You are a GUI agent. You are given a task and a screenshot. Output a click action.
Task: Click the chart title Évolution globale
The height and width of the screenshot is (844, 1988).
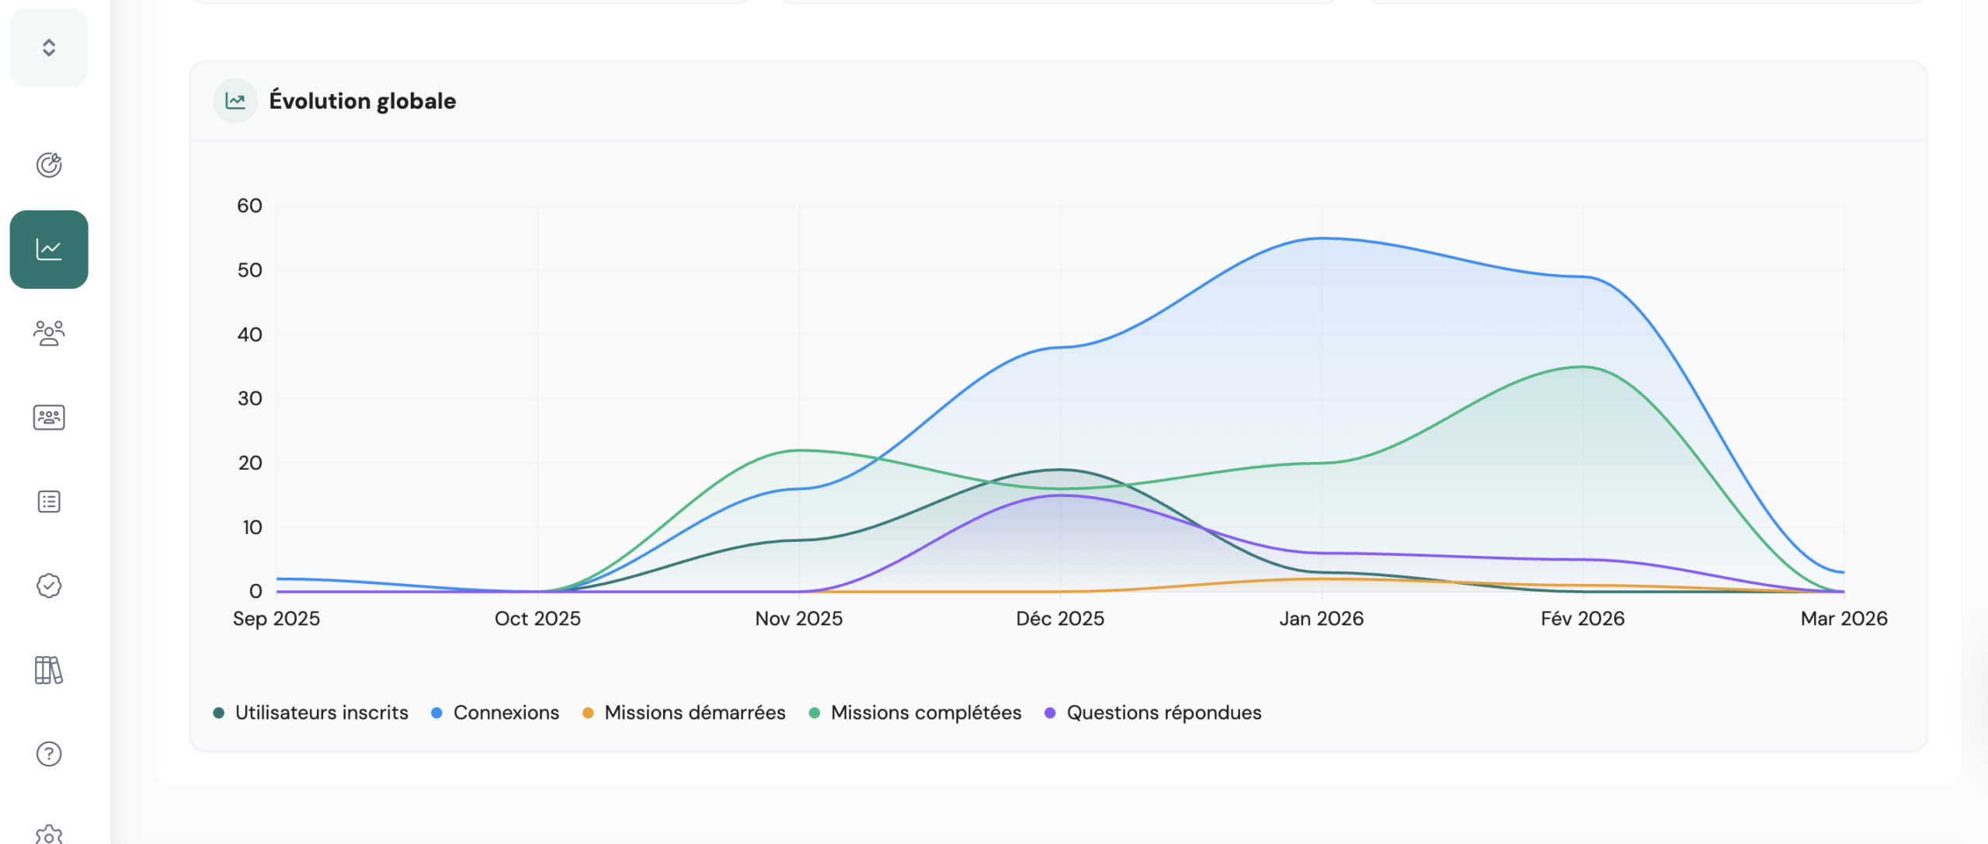click(x=362, y=101)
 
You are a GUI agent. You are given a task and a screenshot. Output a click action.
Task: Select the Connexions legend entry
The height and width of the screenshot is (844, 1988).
click(x=495, y=713)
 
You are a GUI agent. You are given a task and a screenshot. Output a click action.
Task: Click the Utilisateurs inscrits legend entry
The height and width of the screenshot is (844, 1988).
click(x=311, y=713)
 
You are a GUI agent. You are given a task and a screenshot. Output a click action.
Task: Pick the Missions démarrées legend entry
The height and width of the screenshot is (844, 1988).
click(x=684, y=713)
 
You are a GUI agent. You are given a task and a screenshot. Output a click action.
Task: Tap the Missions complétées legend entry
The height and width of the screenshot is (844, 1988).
click(x=916, y=713)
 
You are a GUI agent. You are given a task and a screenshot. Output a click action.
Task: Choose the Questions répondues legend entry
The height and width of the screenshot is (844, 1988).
click(x=1153, y=713)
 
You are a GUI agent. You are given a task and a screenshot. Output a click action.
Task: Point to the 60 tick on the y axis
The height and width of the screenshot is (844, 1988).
click(x=249, y=206)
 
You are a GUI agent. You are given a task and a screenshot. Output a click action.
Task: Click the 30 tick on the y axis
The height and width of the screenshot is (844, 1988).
click(x=249, y=398)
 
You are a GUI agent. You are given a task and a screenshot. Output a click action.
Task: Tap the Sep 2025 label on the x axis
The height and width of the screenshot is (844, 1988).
click(x=276, y=619)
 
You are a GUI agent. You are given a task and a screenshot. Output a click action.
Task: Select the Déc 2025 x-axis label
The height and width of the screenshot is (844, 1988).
click(x=1060, y=619)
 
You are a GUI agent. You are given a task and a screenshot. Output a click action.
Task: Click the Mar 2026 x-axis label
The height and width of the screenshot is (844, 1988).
click(x=1844, y=619)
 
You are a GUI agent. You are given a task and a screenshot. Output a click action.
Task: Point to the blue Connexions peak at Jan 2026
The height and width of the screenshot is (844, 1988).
click(x=1322, y=238)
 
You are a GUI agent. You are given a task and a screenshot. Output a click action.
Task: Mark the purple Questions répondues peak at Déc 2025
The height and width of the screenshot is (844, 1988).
click(x=1061, y=495)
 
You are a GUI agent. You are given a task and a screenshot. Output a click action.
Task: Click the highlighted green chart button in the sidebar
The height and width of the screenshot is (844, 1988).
click(x=49, y=249)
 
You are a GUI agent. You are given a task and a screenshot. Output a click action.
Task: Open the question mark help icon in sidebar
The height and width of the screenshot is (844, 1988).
click(x=49, y=754)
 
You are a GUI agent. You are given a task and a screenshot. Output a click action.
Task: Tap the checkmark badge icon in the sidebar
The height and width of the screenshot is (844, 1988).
click(x=49, y=585)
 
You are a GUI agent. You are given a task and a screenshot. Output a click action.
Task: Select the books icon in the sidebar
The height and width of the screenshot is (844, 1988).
click(x=49, y=670)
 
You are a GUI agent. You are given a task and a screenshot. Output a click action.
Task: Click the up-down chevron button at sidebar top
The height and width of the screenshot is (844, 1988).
click(x=49, y=47)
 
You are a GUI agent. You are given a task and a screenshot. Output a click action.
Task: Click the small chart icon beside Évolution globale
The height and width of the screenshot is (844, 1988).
click(x=235, y=101)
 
